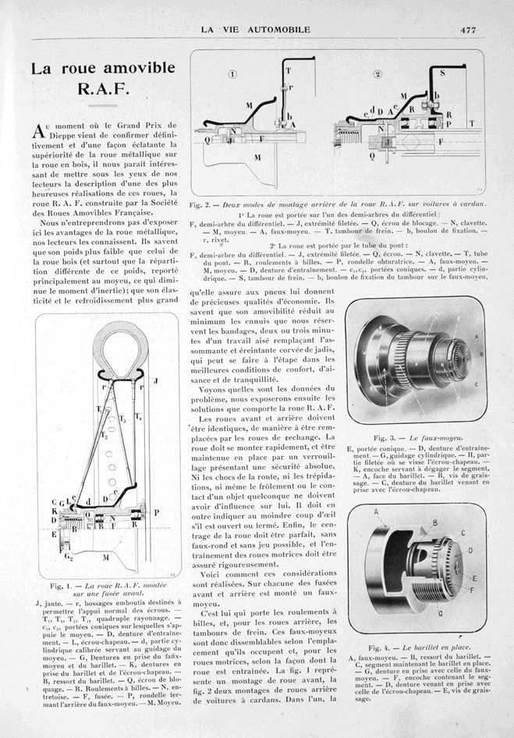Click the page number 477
tap(467, 30)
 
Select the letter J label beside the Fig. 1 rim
tap(155, 381)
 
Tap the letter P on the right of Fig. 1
tap(157, 514)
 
